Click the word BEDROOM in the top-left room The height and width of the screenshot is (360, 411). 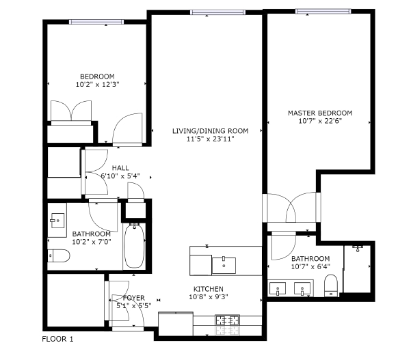point(97,77)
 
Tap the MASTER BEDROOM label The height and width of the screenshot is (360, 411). point(319,113)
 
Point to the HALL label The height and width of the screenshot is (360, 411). point(120,167)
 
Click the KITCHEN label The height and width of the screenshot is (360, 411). point(209,289)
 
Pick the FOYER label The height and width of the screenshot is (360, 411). point(133,298)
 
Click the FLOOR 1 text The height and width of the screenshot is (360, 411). point(57,338)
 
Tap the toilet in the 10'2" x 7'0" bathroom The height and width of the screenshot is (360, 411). point(58,256)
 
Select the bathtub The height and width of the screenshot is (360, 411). point(134,246)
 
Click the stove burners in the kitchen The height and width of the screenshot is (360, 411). point(228,319)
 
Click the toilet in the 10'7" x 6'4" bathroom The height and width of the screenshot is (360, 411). point(330,285)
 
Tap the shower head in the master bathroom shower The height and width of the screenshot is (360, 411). point(358,246)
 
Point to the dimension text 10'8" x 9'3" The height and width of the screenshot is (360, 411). point(209,297)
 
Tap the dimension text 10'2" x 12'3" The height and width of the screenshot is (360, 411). point(97,85)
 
